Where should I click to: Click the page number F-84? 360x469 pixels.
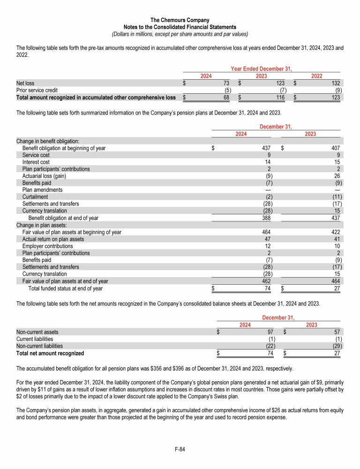tap(180, 449)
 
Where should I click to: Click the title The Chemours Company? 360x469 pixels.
tap(180, 20)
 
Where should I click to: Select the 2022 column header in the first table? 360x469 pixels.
tap(316, 76)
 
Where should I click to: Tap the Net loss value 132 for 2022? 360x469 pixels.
tap(336, 83)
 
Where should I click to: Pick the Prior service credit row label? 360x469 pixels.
tap(37, 91)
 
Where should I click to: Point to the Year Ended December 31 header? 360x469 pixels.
tap(262, 69)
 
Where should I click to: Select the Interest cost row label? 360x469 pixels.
tap(36, 162)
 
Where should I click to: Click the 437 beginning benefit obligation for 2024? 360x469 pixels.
tap(266, 148)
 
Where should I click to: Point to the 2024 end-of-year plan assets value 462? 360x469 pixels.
tap(266, 281)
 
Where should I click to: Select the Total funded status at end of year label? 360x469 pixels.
tap(66, 288)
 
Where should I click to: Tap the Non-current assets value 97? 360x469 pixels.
tap(270, 332)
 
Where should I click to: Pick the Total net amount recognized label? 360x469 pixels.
tap(50, 353)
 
